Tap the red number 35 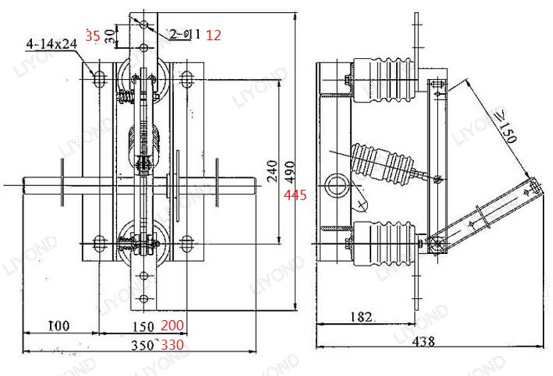click(x=93, y=36)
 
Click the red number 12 click(x=214, y=35)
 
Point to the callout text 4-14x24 click(x=51, y=45)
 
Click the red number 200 click(x=173, y=326)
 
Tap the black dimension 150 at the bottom click(x=143, y=326)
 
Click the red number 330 click(x=173, y=345)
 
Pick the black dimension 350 click(x=142, y=345)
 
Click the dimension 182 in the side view click(x=361, y=317)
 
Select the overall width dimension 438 click(x=423, y=341)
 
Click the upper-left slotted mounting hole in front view click(x=99, y=79)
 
